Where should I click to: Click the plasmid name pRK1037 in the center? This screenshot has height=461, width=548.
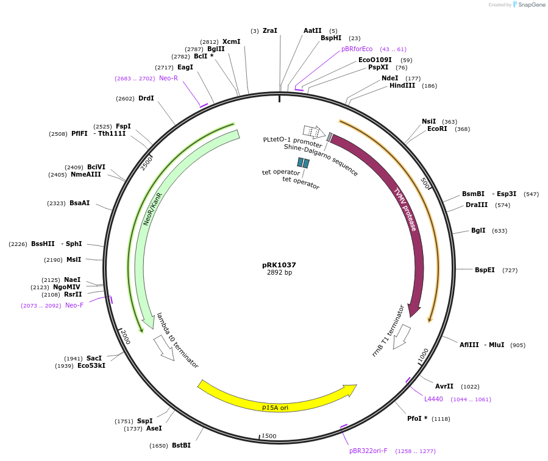pos(279,265)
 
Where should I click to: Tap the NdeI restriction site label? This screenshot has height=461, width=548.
pos(390,78)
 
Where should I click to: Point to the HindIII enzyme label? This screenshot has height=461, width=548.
pos(402,86)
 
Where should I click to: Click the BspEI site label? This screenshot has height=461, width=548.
pos(485,270)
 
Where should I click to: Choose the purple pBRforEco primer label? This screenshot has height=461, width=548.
pos(357,49)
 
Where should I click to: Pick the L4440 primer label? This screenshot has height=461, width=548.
pos(433,399)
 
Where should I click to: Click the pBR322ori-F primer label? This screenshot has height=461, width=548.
pos(368,451)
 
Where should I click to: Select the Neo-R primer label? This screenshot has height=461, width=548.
pos(168,79)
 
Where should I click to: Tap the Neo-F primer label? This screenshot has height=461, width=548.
pos(74,306)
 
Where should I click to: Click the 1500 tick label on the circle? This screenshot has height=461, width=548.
pos(269,436)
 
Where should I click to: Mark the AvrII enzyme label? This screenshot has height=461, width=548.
pos(444,386)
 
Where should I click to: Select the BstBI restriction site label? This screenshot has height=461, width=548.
pos(181,446)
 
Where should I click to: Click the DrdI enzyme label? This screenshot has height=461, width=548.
pos(146,99)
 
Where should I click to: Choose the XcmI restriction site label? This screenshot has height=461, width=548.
pos(231,42)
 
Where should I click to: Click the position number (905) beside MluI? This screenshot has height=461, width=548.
pos(518,345)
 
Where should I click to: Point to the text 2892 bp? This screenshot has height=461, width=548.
pos(279,273)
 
